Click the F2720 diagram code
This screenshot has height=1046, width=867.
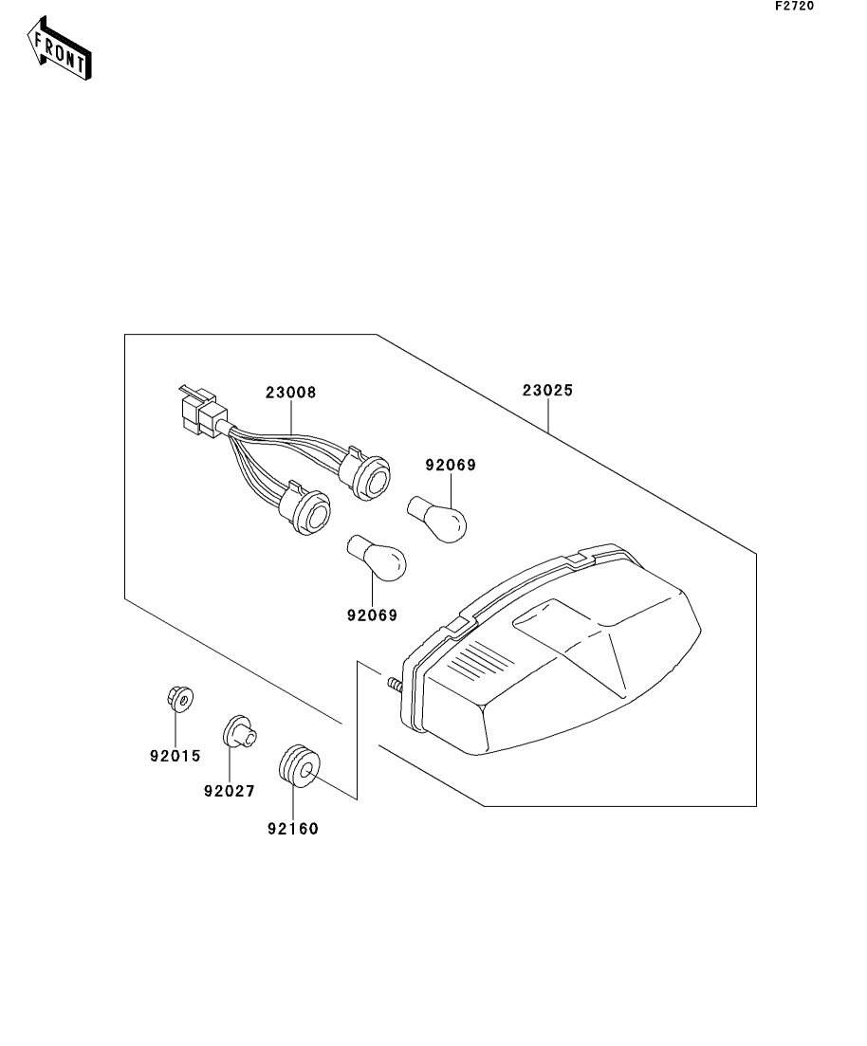click(794, 6)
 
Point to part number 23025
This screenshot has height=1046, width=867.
click(547, 390)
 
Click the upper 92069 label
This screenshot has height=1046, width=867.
click(450, 466)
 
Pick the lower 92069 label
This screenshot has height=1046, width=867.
click(371, 615)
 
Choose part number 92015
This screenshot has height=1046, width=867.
click(175, 756)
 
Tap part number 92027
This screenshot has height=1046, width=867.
click(229, 791)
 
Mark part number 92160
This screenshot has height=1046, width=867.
click(293, 829)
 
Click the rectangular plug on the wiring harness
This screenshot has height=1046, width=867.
click(202, 414)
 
